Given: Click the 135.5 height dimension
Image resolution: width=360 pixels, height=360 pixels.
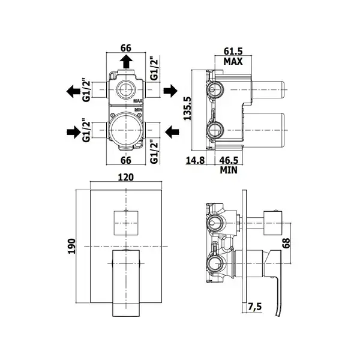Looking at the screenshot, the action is coord(187,108).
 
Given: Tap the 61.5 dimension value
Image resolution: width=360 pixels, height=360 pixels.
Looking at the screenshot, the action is coord(233,51).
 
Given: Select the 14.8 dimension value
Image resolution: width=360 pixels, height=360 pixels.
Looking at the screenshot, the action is coord(195,160).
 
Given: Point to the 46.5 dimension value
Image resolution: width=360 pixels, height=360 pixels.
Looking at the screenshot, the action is coord(229,160).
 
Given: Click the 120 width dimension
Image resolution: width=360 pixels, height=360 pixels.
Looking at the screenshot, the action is coord(126,177).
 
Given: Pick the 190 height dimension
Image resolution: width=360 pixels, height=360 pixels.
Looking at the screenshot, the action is coord(72,246).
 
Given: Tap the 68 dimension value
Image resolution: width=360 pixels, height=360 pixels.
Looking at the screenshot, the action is coord(286,243).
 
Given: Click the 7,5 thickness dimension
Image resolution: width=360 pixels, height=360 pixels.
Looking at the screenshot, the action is coord(255,307).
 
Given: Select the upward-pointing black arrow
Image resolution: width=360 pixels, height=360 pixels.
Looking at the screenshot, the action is coord(126,61).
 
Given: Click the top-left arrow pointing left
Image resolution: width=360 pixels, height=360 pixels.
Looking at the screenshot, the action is coord(73,91).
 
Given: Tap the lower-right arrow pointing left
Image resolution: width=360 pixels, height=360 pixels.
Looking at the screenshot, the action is coord(172,132).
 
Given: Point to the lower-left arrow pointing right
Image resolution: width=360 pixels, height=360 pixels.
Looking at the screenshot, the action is coord(74,132).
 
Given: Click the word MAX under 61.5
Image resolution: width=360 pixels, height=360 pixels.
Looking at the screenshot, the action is coord(233,62).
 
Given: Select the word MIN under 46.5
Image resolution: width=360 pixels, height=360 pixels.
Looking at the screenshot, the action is coord(229,170).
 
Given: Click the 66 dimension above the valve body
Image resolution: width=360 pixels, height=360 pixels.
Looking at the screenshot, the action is coord(126,48).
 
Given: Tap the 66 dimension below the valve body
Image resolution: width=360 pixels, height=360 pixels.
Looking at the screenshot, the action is coord(126,160).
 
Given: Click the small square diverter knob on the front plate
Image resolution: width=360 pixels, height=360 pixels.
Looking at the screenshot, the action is coord(126,223).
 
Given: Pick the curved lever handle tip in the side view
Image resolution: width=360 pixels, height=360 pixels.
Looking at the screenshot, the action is coord(278,315).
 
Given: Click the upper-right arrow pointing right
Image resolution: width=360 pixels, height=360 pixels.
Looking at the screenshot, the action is coord(170,91).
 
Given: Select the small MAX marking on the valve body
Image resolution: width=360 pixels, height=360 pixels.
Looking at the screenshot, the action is coord(138,101).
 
